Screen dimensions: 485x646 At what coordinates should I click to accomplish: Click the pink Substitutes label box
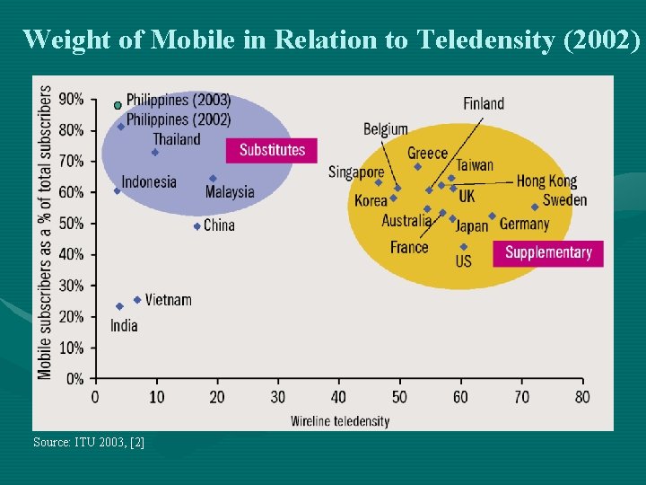[272, 150]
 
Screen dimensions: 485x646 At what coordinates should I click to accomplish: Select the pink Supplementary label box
[548, 252]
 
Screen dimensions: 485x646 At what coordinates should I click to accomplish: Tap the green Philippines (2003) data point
[118, 105]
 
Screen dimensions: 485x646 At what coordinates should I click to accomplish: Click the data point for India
[119, 306]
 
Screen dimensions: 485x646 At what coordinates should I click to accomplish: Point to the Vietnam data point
[137, 300]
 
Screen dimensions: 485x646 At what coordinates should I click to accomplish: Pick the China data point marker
[197, 226]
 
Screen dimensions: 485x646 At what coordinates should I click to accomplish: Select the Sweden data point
[535, 207]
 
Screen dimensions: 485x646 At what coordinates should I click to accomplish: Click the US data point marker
[463, 247]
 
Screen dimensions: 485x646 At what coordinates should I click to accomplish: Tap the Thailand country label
[177, 139]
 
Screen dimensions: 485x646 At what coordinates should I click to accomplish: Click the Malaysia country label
[230, 192]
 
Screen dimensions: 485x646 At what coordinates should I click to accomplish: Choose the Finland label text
[484, 103]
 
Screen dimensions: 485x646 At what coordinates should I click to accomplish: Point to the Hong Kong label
[546, 181]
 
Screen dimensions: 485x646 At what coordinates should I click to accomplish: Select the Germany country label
[524, 224]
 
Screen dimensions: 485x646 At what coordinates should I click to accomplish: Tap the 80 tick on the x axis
[581, 397]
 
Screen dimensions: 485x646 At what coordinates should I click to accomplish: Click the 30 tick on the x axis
[277, 397]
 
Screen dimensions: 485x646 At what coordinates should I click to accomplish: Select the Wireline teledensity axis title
[340, 420]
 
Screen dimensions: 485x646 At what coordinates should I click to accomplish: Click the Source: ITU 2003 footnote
[88, 442]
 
